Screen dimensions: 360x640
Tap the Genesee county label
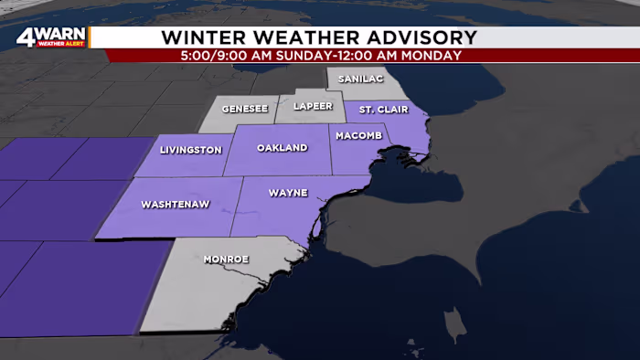coord(245,109)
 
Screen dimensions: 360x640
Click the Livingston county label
coord(190,149)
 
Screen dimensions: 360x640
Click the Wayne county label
coord(288,194)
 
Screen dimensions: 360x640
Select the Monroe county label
coord(226,259)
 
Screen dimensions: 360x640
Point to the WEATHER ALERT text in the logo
coord(61,44)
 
